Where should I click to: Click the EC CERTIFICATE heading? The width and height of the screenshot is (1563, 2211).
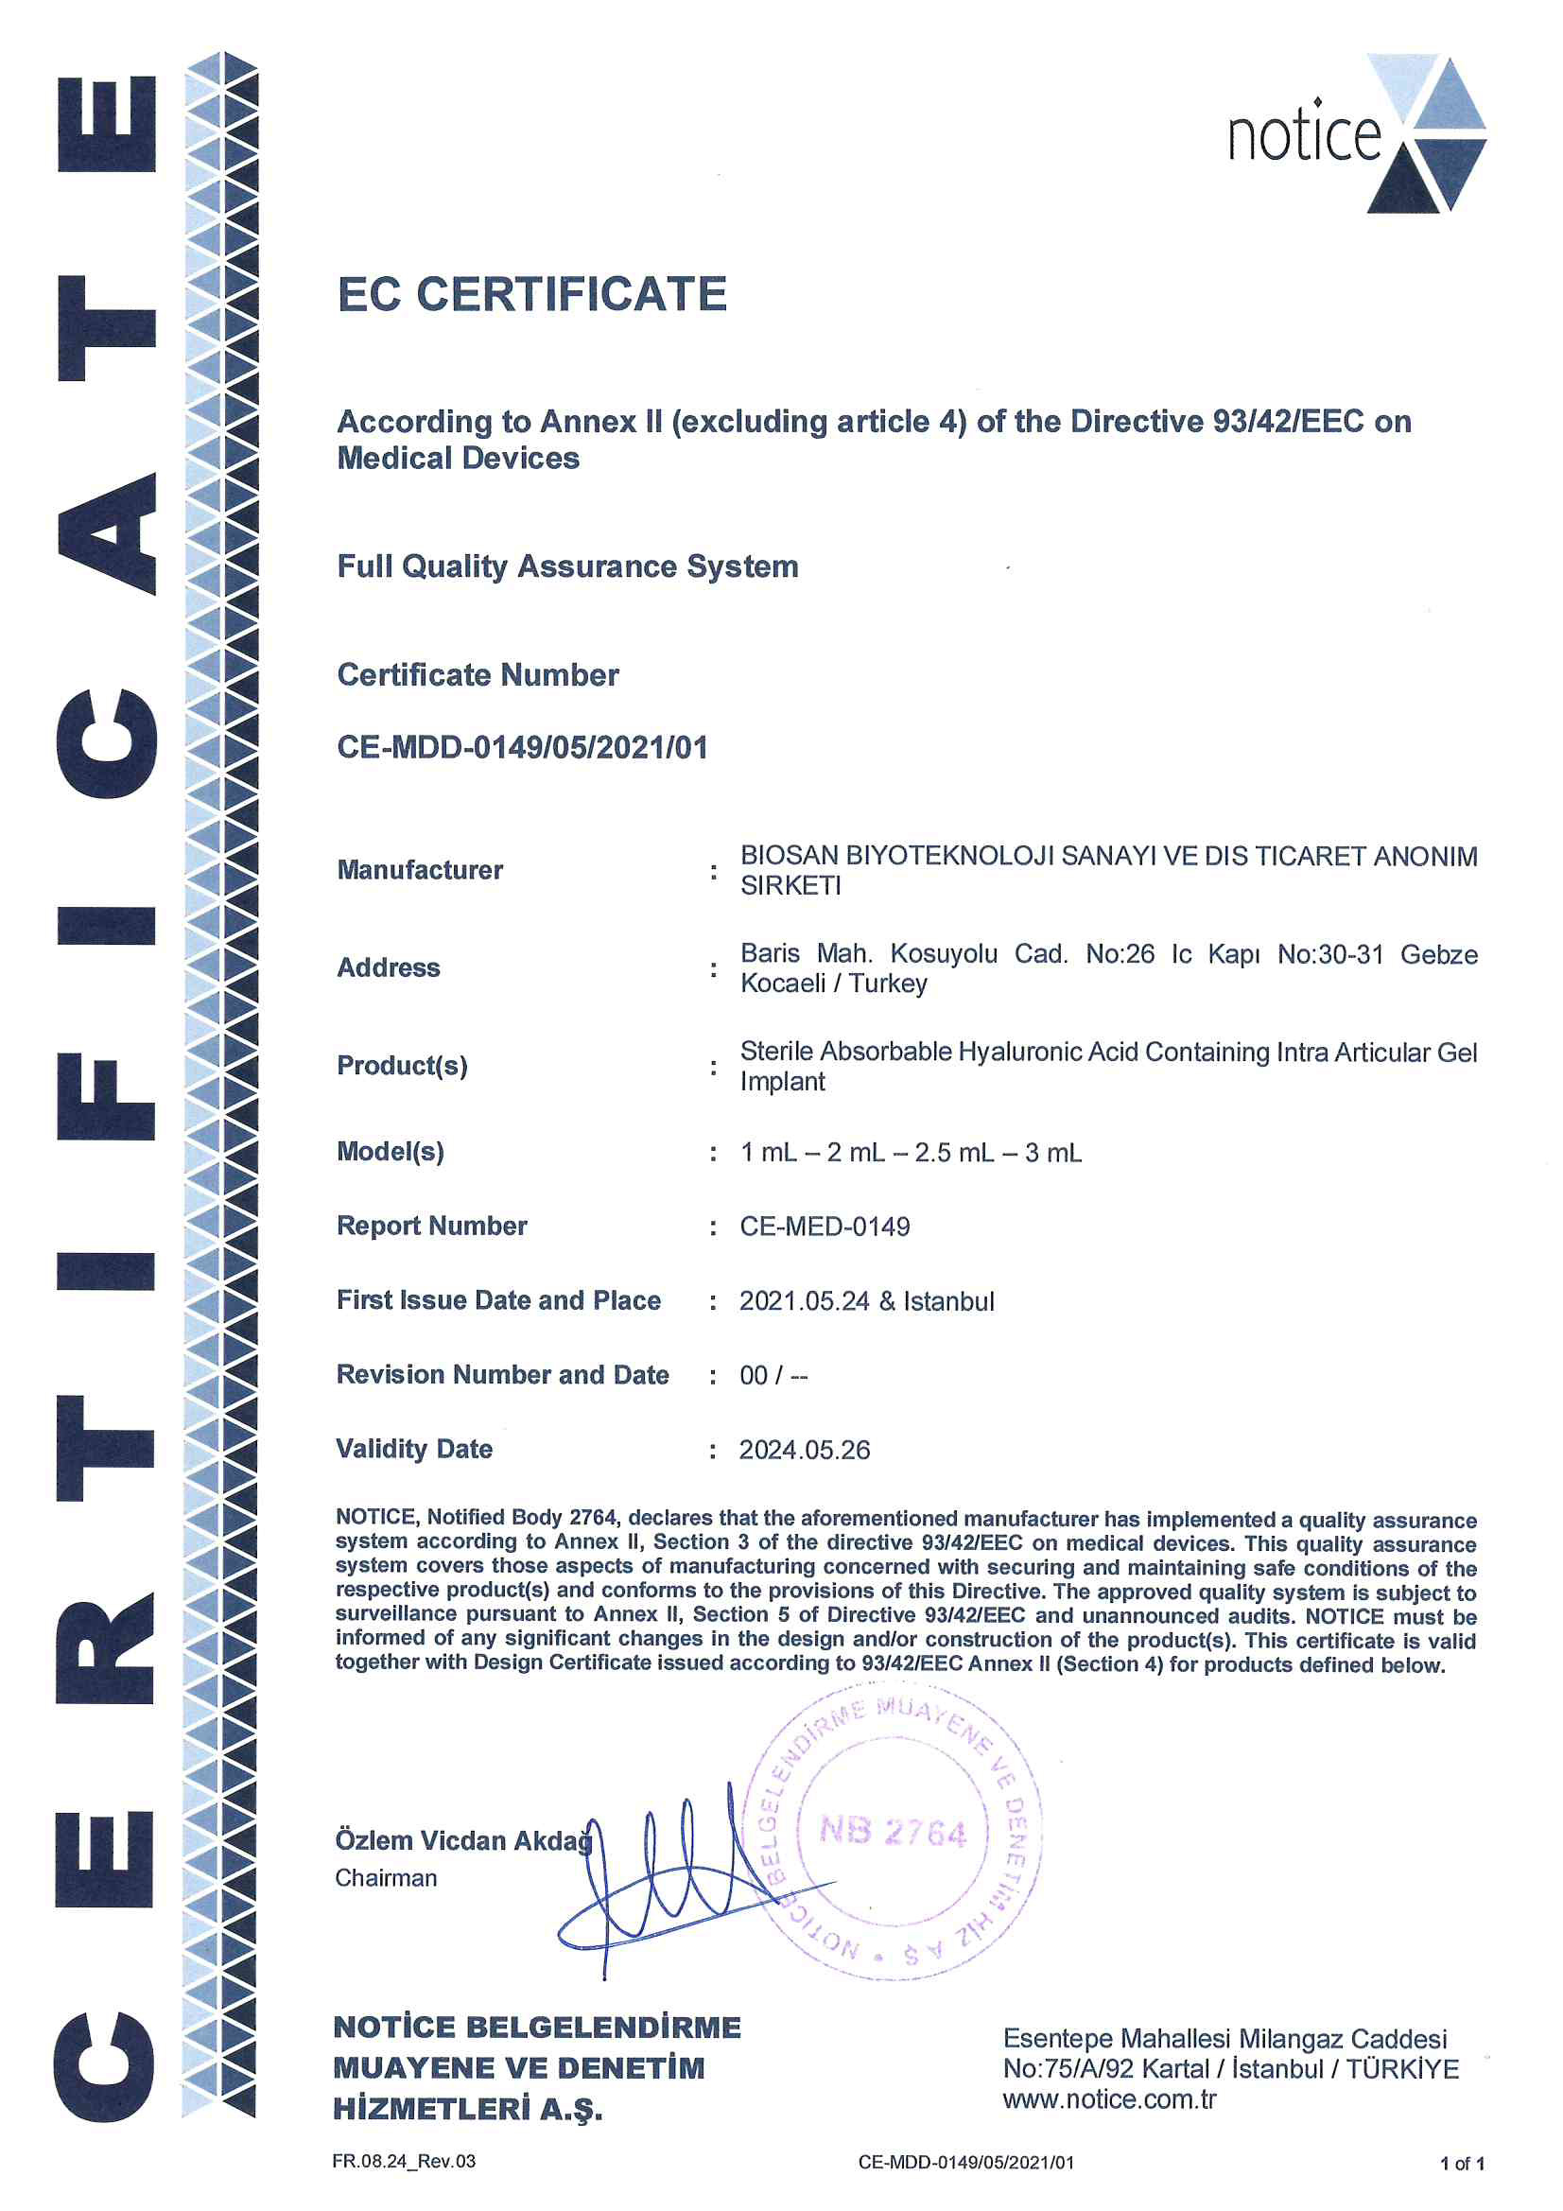pos(531,294)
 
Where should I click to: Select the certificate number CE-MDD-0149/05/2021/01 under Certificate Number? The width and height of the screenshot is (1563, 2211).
pos(522,747)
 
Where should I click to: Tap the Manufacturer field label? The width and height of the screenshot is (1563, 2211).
pos(420,871)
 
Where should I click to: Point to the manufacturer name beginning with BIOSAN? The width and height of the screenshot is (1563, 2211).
pos(1107,871)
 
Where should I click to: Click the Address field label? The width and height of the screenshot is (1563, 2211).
pos(388,967)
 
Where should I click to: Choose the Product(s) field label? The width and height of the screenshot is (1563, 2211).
pos(402,1066)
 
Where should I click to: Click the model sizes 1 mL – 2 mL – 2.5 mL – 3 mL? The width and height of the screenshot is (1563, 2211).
pos(910,1153)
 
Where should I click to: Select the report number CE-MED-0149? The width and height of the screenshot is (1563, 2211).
pos(825,1227)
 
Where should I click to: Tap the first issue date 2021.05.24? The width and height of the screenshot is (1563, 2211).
pos(804,1302)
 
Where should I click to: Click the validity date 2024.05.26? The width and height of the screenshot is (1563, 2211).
pos(804,1451)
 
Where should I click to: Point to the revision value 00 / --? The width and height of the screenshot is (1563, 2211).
pos(773,1376)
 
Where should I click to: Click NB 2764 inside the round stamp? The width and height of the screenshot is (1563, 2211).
pos(892,1832)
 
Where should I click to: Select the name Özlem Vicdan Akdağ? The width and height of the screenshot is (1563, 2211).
pos(463,1841)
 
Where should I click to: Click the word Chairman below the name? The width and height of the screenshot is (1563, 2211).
pos(385,1879)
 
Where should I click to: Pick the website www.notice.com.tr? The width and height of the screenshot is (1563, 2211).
pos(1109,2099)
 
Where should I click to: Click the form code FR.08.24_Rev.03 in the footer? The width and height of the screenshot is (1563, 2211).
pos(404,2162)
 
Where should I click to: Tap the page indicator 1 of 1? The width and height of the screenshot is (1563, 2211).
pos(1462,2165)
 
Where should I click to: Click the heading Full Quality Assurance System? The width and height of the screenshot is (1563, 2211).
pos(567,566)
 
